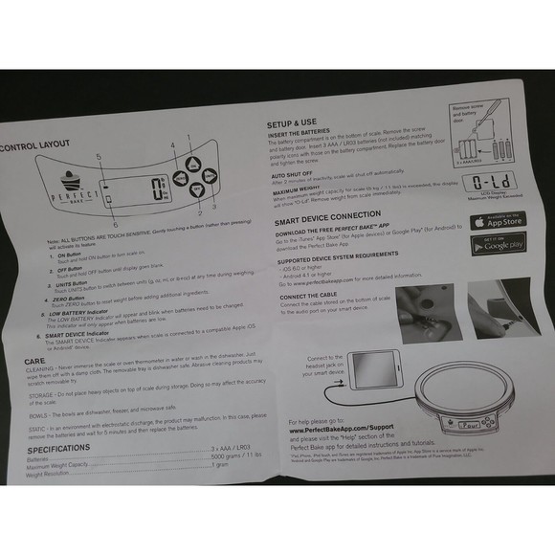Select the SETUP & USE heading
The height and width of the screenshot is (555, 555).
291,124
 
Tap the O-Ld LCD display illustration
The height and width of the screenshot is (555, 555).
491,182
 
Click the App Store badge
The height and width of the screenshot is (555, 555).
498,221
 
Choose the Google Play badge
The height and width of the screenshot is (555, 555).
498,246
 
